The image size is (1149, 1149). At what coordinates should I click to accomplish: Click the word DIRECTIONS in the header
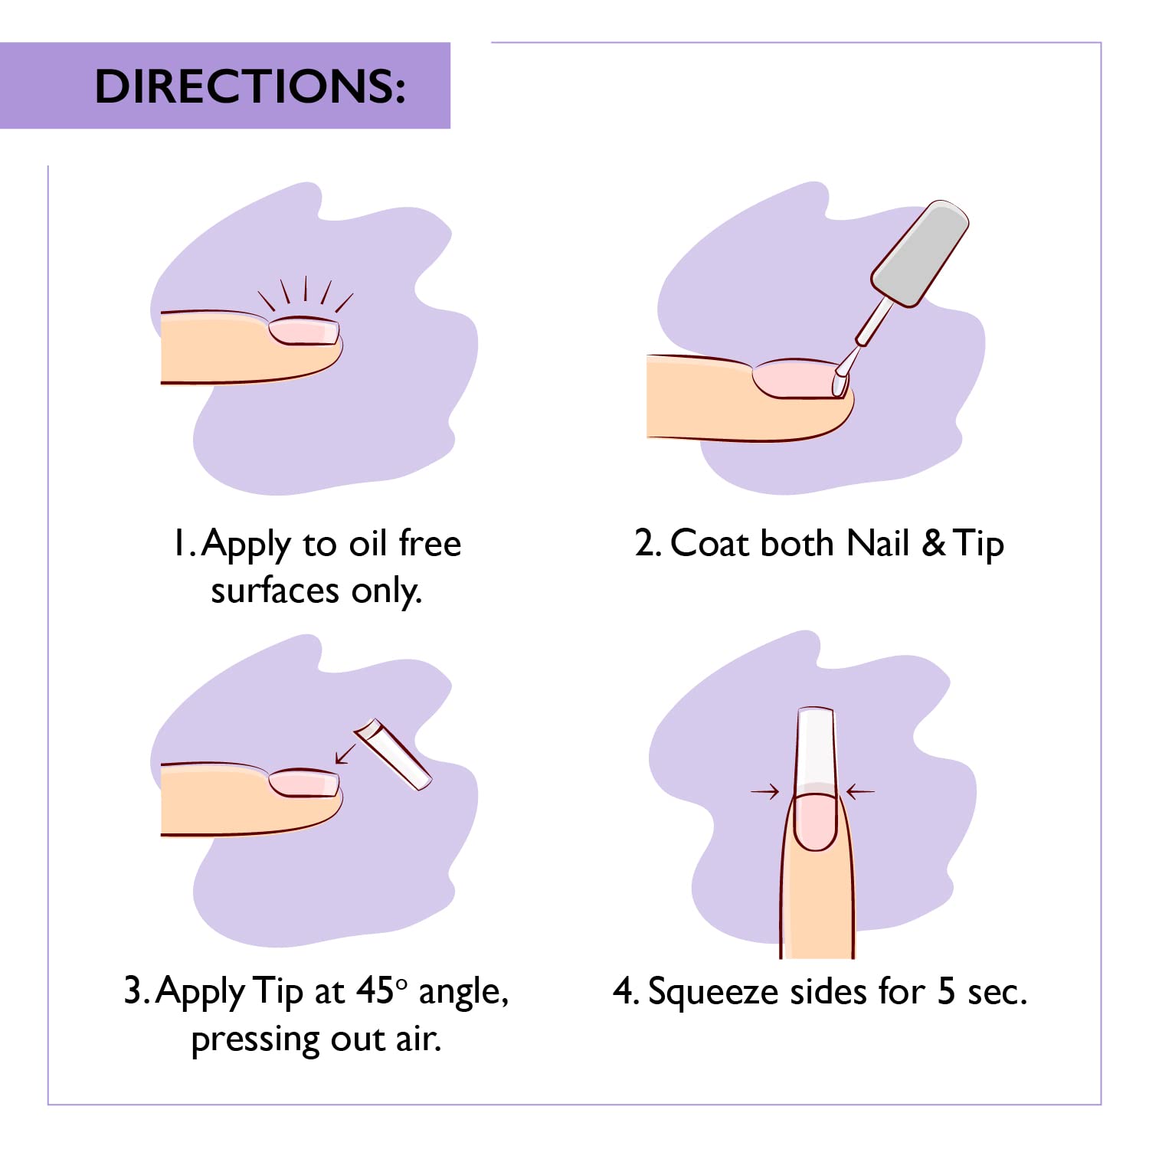tap(250, 86)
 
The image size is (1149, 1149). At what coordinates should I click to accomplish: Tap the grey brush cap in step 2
tap(919, 254)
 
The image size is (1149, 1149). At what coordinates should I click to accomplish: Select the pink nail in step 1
tap(304, 332)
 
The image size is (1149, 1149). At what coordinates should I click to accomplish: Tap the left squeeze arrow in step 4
tap(764, 791)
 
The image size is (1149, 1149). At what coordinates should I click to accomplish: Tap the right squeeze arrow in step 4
tap(860, 791)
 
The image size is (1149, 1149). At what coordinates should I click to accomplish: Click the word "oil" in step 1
tap(368, 544)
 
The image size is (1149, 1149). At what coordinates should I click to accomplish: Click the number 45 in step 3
tap(375, 990)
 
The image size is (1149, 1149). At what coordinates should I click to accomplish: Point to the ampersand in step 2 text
tap(933, 544)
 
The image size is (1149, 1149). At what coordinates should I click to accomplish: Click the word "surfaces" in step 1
tap(275, 591)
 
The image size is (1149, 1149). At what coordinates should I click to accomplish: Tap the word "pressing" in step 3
tap(256, 1039)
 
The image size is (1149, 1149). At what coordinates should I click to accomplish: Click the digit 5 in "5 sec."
tap(946, 991)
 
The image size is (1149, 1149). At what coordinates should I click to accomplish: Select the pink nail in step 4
tap(816, 821)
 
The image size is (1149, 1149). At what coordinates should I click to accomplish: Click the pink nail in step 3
tap(304, 783)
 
